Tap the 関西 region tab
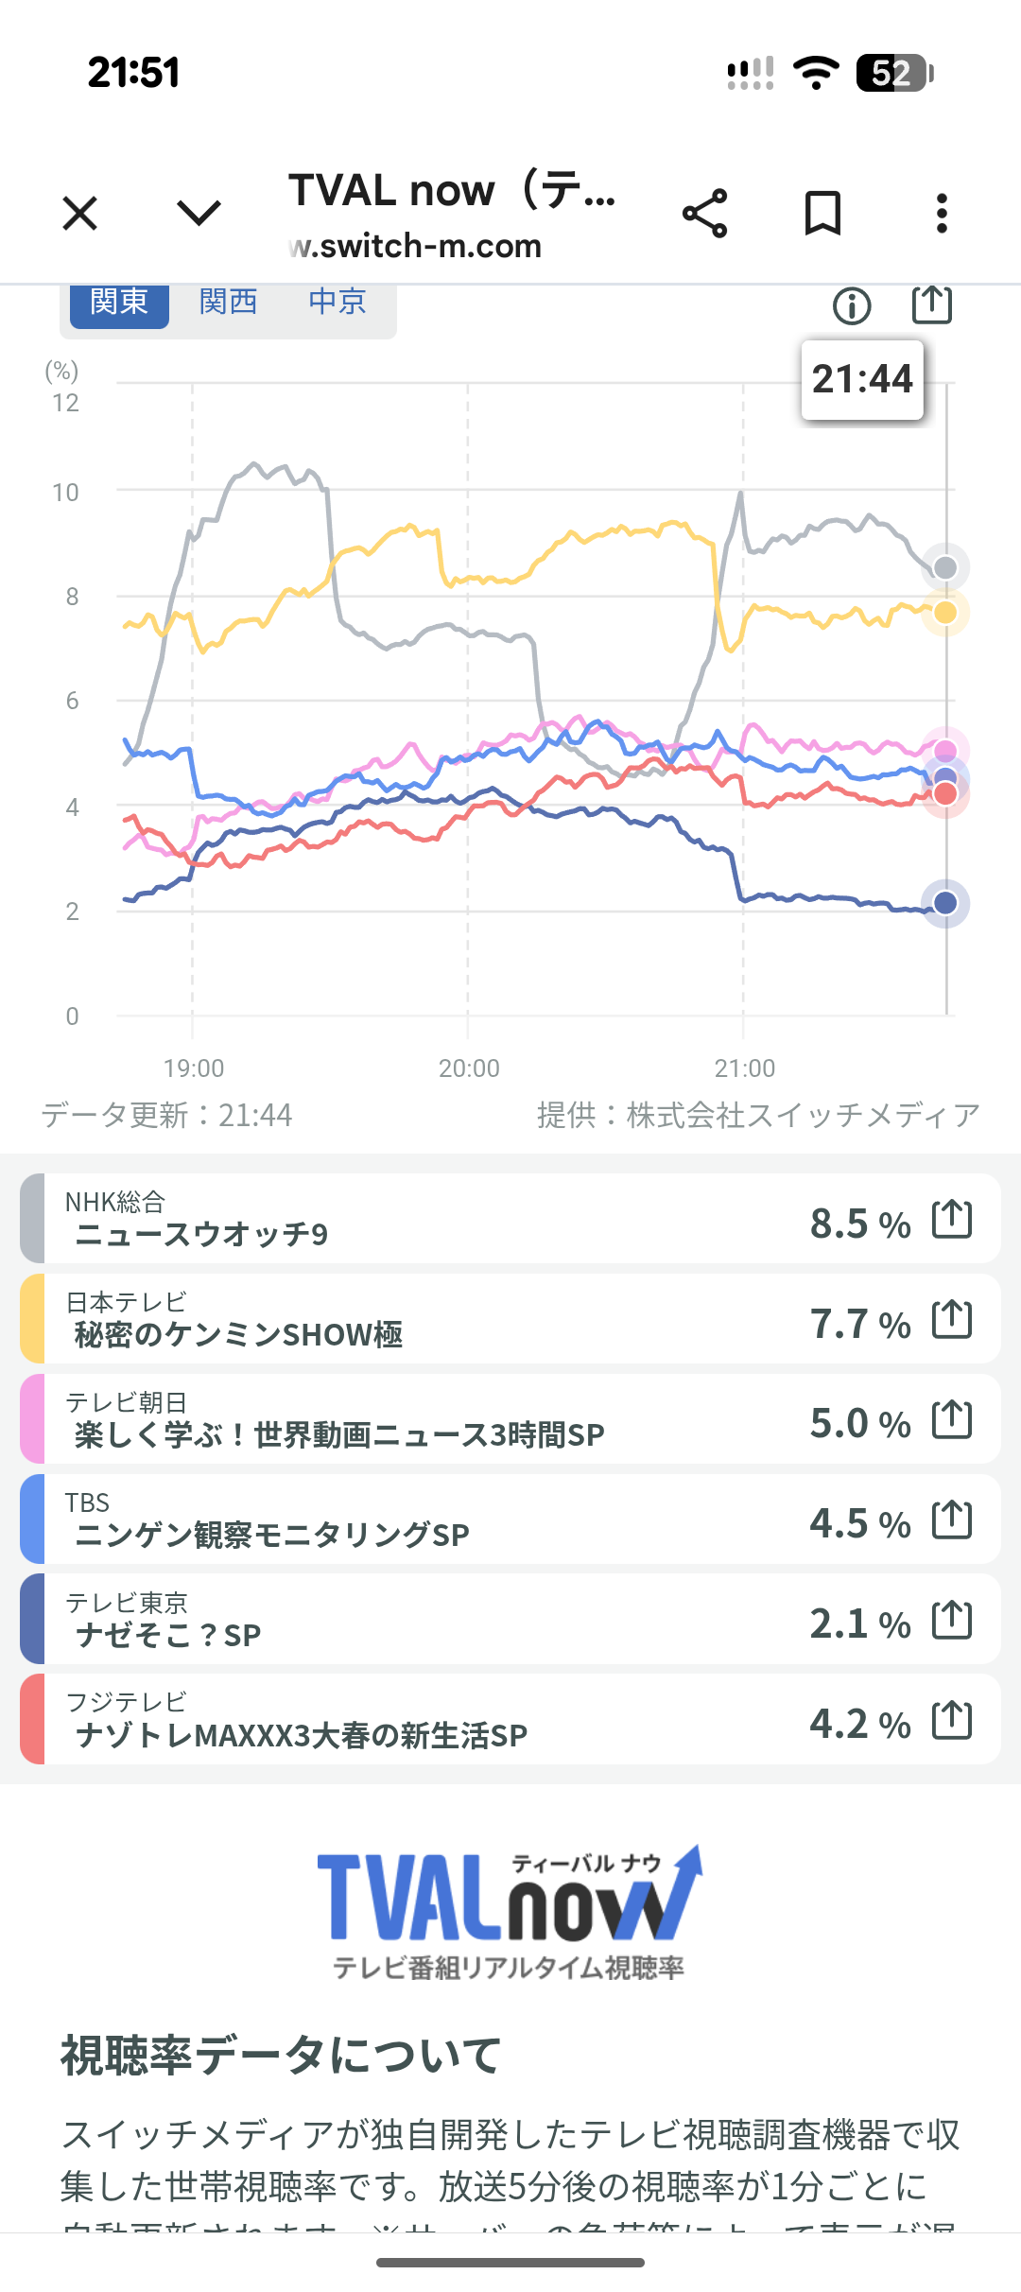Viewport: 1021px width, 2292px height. (x=228, y=302)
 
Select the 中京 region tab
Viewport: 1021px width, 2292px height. (x=337, y=302)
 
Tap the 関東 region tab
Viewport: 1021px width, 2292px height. (x=118, y=302)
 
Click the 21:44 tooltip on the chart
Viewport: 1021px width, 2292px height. (x=862, y=379)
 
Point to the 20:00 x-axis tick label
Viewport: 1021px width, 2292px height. (x=469, y=1068)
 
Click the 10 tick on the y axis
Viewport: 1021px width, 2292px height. (x=66, y=493)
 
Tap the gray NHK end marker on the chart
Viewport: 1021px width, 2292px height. (x=945, y=567)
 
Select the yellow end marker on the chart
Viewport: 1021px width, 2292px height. (x=945, y=613)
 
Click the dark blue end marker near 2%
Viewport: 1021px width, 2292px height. (x=945, y=903)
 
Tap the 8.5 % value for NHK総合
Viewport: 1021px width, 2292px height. (x=859, y=1224)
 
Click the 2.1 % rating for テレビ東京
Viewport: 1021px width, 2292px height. (x=859, y=1623)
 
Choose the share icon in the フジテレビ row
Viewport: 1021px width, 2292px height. (x=952, y=1720)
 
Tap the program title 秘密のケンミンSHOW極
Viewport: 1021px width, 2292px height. (x=239, y=1334)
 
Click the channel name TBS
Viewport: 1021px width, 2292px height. (x=87, y=1502)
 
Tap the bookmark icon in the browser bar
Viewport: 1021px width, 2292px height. (x=822, y=213)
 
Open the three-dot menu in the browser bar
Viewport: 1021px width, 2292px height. (x=942, y=213)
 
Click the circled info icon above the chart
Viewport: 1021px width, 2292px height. (x=852, y=305)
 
